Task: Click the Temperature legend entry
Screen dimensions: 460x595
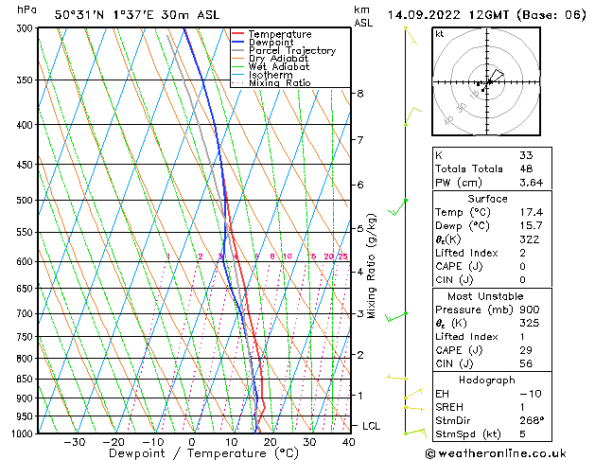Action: click(280, 34)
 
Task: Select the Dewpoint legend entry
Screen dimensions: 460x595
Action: click(273, 43)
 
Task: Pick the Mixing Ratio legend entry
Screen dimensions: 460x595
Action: click(280, 83)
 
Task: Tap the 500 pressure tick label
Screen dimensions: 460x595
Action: click(25, 201)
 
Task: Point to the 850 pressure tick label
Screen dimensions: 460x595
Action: click(25, 379)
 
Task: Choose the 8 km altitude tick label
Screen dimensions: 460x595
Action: click(359, 94)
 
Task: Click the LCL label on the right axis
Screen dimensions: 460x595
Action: click(371, 427)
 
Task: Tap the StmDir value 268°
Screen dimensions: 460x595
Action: click(532, 420)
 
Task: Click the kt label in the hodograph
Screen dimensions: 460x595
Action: click(439, 33)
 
